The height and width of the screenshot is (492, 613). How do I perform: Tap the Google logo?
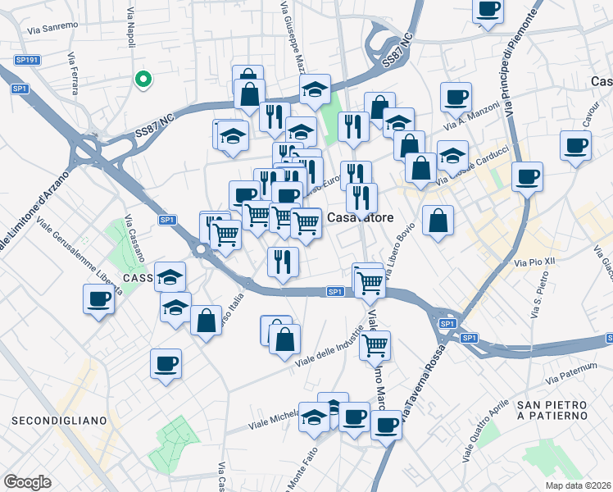27,482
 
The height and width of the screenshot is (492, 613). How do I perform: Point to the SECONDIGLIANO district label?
59,421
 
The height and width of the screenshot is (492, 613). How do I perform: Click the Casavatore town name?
361,218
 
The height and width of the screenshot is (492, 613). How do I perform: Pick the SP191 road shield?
27,60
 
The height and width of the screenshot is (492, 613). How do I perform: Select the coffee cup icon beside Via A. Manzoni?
455,97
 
